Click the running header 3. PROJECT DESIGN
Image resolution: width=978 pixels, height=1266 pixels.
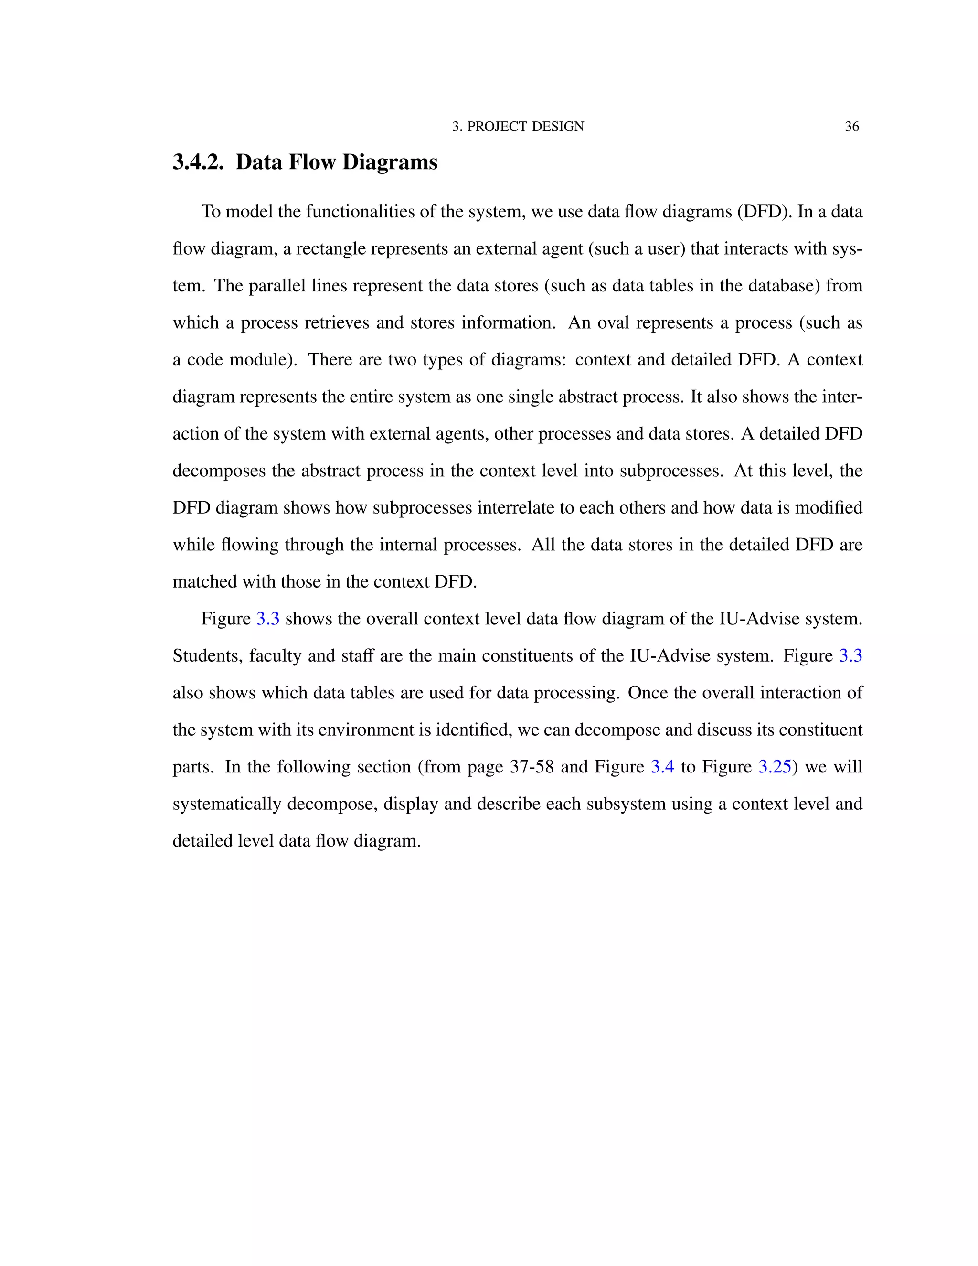518,127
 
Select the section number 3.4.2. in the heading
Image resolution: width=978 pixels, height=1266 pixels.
198,162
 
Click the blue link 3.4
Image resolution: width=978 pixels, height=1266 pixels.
662,767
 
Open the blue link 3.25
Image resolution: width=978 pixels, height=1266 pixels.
775,767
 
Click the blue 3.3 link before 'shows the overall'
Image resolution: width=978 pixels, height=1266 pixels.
268,619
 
